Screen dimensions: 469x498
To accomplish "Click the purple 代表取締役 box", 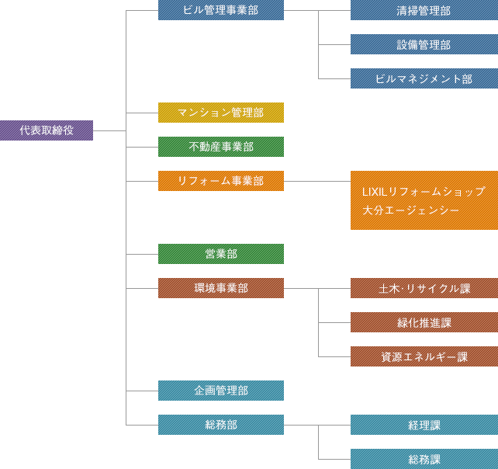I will [x=47, y=130].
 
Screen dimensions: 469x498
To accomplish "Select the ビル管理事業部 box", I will [x=221, y=10].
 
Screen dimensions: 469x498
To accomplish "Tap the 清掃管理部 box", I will [x=424, y=11].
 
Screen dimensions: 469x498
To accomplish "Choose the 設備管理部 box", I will [x=424, y=45].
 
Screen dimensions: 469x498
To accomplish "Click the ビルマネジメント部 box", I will [x=424, y=78].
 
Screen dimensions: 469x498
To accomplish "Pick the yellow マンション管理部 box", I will [x=221, y=113].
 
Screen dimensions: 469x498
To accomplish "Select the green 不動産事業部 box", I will [x=221, y=147].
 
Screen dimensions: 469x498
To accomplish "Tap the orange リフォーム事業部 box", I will [x=221, y=181].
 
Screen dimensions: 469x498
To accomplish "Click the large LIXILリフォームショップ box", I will [x=424, y=200].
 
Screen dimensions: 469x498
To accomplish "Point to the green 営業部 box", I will [x=221, y=254].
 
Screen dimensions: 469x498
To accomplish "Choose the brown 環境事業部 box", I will [x=221, y=288].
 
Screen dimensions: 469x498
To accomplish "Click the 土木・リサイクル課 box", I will [x=424, y=288].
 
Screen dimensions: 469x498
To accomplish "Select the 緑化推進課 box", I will [x=424, y=322].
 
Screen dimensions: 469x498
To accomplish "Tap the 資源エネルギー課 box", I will [x=424, y=356].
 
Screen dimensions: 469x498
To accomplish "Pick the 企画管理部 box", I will [x=221, y=391].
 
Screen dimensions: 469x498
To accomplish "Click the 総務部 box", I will [x=221, y=425].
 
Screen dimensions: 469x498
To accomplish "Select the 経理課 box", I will [x=424, y=425].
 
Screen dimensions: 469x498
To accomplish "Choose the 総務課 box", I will [x=424, y=459].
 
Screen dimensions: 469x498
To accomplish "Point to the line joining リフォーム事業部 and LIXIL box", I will [x=316, y=181].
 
